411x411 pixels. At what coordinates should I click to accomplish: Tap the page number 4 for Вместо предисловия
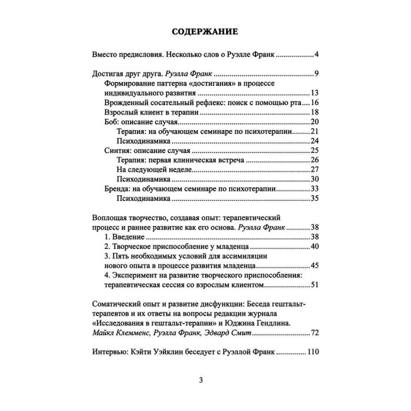316,55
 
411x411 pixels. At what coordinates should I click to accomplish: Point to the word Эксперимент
137,276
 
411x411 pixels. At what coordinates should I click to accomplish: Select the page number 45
313,266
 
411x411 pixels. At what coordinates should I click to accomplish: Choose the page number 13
313,93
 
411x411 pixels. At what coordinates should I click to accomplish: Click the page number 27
313,170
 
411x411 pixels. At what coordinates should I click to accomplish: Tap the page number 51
313,285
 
